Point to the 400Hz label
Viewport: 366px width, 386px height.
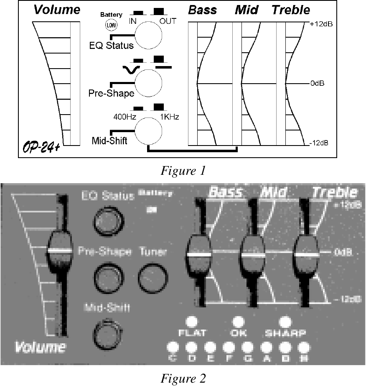(124, 117)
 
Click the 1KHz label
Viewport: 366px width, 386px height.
(170, 117)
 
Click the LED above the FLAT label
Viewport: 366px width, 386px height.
(191, 322)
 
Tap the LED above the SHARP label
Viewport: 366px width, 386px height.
(285, 322)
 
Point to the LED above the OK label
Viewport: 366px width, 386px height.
(238, 322)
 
